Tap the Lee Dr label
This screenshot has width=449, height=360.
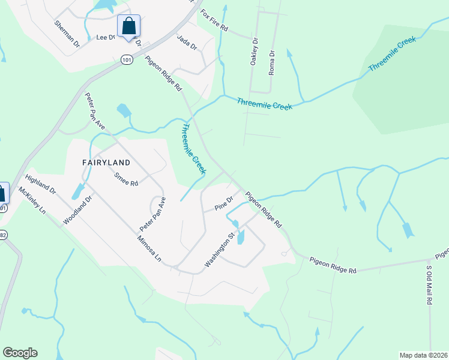[105, 37]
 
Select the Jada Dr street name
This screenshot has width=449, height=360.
[187, 43]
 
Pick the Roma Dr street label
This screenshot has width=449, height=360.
[271, 62]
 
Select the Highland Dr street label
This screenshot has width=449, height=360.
[40, 184]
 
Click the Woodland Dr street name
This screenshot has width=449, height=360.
[76, 209]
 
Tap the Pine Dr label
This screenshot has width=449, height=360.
[223, 203]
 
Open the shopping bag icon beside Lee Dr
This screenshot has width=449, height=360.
[128, 26]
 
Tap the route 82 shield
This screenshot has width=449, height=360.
[2, 235]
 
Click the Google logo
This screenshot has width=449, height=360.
[20, 353]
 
